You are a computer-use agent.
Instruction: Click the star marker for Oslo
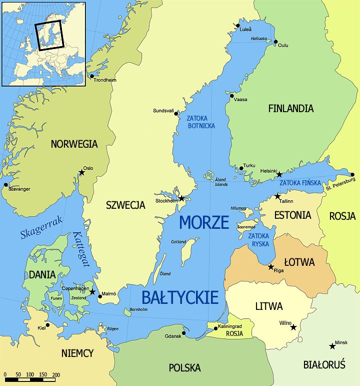81,173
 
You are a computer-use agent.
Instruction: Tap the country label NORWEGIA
74,144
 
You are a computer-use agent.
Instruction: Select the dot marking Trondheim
91,76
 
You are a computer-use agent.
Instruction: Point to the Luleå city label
245,30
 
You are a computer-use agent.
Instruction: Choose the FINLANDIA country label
290,108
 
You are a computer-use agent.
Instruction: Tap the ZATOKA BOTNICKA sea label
200,122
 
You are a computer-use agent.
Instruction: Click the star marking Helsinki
279,175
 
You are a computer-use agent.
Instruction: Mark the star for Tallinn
277,196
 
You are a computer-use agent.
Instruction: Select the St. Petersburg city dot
352,175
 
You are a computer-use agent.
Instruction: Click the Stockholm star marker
181,199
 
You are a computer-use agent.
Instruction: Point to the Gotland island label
178,242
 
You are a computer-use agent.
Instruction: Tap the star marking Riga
271,267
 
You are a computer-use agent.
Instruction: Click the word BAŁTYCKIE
180,297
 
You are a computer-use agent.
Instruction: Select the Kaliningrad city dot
216,329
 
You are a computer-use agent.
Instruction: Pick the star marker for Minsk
332,346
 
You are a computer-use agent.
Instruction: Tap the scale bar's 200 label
56,374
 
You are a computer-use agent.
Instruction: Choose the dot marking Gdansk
184,333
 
